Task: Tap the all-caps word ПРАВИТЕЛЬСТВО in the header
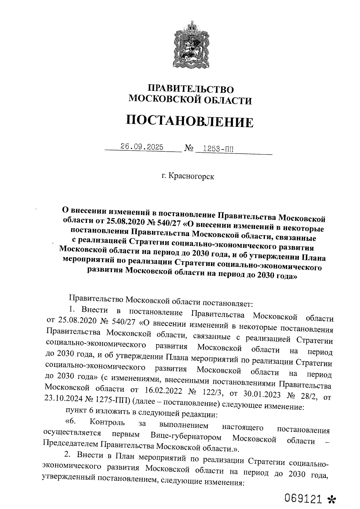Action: coord(190,89)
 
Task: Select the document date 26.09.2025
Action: coord(142,147)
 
